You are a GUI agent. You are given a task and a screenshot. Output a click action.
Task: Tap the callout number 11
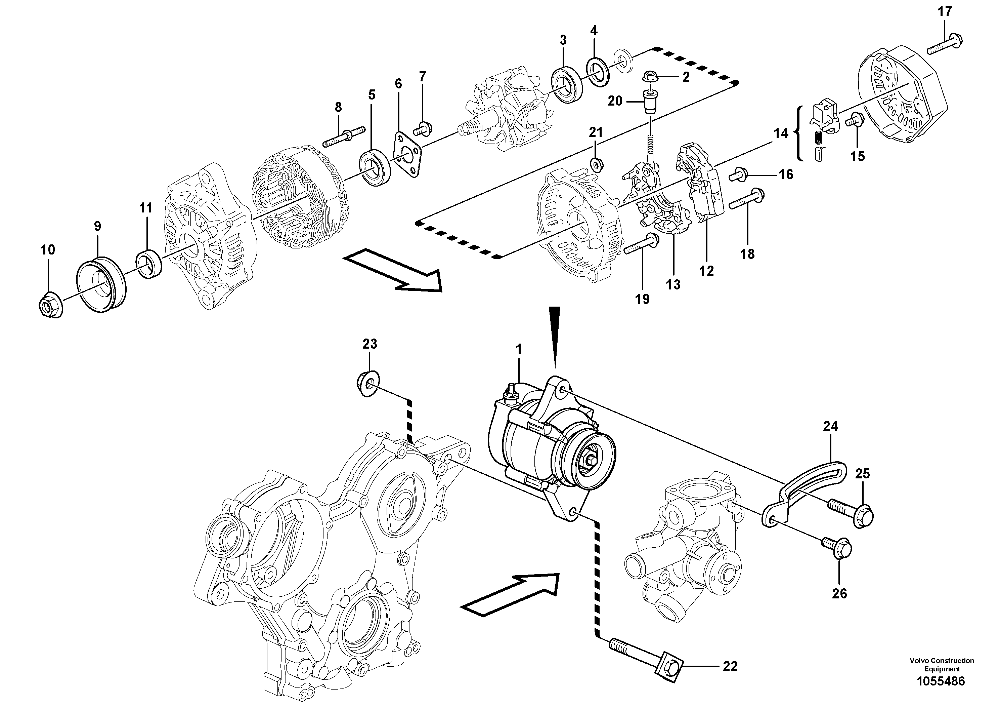(145, 208)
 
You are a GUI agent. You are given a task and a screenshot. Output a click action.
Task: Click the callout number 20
(615, 101)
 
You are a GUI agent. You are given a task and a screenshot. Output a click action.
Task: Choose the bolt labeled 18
(746, 199)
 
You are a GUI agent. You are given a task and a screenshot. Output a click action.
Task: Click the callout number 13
(673, 285)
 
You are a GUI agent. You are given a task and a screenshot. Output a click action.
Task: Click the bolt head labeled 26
(841, 550)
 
